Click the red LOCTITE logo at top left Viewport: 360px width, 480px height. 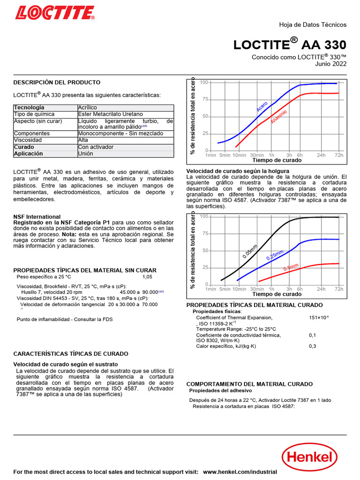coord(55,12)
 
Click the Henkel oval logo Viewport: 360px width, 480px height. coord(309,456)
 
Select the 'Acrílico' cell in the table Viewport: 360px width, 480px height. coord(88,108)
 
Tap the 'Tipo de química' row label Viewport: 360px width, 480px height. coord(34,114)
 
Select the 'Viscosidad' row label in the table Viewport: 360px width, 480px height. coord(28,140)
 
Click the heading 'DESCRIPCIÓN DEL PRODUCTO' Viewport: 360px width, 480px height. coord(57,82)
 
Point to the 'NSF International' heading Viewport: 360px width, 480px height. coord(37,217)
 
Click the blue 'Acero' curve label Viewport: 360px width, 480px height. coord(262,106)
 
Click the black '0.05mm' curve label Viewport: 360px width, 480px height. coord(250,252)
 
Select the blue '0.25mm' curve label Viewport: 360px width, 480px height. coord(275,255)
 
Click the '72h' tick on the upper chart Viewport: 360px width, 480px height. coord(339,155)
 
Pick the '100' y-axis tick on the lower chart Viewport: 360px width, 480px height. coord(204,217)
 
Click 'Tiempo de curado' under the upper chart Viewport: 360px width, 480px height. coord(277,160)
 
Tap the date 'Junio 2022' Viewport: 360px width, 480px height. coord(331,64)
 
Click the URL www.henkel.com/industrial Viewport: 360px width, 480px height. coord(240,472)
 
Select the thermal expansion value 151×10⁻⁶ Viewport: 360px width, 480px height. coord(319,318)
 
